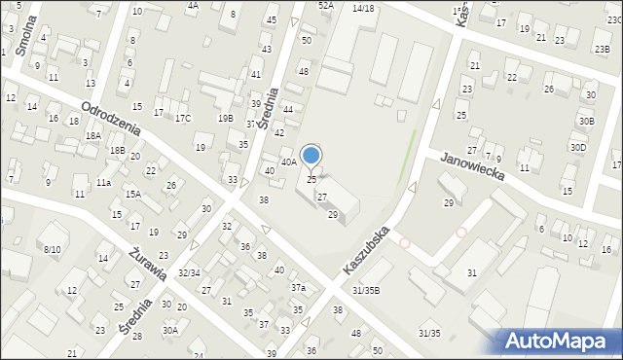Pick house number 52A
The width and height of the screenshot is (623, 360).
(326, 5)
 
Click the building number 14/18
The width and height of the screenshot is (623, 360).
(363, 8)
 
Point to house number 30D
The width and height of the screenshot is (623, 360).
(578, 147)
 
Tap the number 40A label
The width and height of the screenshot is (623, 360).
(289, 162)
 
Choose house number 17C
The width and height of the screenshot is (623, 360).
(183, 119)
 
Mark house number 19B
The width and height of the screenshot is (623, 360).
(225, 118)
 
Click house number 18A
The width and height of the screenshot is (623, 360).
(92, 136)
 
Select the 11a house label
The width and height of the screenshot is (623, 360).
(103, 182)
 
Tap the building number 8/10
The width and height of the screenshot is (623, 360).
(51, 250)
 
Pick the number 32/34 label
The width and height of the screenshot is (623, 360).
(188, 273)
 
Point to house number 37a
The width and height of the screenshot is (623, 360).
(299, 288)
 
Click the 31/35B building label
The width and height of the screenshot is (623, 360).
(366, 290)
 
